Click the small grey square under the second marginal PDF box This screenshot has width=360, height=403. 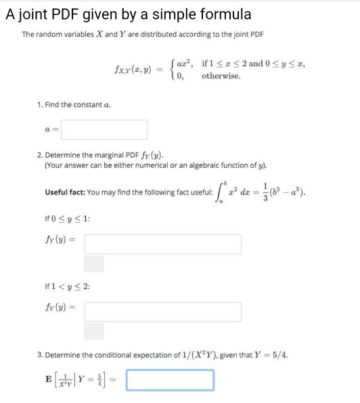94,331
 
